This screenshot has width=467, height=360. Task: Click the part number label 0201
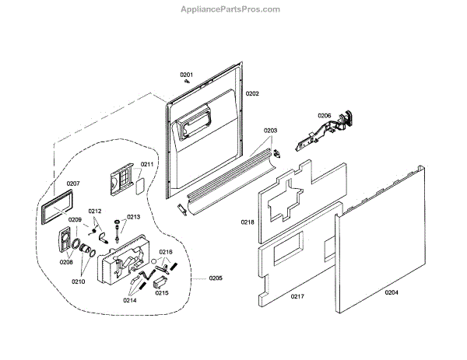point(187,75)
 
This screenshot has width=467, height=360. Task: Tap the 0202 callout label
point(252,93)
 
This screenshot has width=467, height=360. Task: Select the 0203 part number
point(271,131)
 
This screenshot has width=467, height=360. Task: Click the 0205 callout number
point(216,278)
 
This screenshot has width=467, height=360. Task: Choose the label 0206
point(324,116)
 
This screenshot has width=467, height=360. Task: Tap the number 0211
point(147,164)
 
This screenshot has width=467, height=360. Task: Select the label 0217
point(297,296)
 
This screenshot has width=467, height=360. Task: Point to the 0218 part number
point(247,222)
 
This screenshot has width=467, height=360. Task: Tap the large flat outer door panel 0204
point(381,241)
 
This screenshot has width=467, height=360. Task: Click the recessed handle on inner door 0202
point(192,124)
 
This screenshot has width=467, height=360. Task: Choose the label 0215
point(162,292)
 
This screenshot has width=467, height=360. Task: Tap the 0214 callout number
point(129,299)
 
